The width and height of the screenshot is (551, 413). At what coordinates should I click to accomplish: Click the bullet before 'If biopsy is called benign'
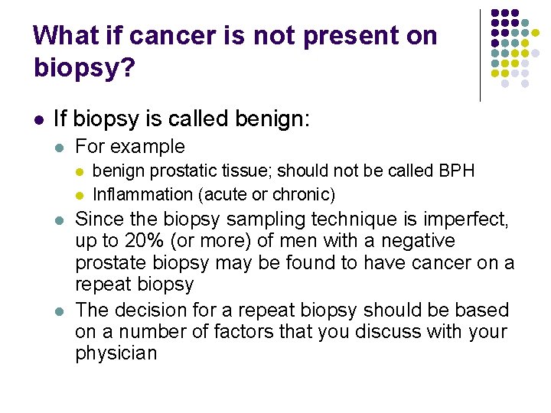[x=37, y=120]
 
